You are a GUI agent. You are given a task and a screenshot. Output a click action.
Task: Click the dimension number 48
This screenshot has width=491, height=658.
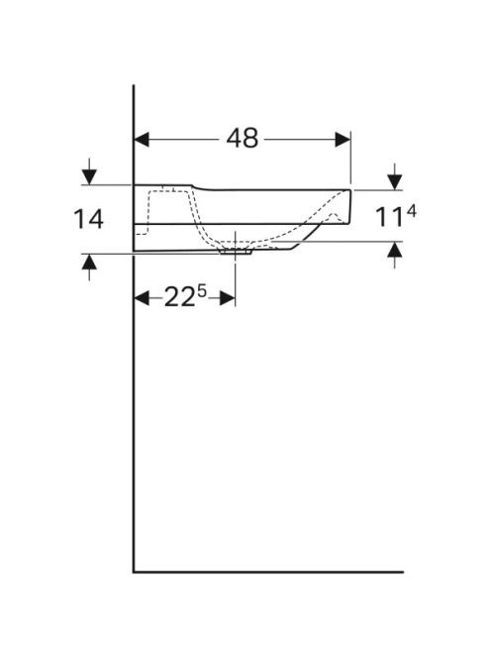[242, 138]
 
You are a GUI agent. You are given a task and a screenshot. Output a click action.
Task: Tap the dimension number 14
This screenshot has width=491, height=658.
[88, 219]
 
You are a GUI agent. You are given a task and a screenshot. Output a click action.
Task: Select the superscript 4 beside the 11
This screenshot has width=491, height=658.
[411, 212]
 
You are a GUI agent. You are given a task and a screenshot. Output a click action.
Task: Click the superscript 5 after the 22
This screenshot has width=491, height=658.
[202, 290]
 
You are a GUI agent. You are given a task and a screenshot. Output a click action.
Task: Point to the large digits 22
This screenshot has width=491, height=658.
[179, 298]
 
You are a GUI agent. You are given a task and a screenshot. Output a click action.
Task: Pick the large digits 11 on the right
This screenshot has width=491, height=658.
[389, 217]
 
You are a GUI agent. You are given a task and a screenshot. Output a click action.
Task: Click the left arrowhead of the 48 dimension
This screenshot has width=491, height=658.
[142, 140]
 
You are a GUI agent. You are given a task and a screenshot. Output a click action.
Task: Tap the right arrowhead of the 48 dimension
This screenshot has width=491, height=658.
[343, 140]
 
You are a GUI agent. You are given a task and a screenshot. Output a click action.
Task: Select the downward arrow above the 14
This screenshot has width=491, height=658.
[89, 171]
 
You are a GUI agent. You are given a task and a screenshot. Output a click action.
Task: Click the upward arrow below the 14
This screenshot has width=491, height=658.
[89, 267]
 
